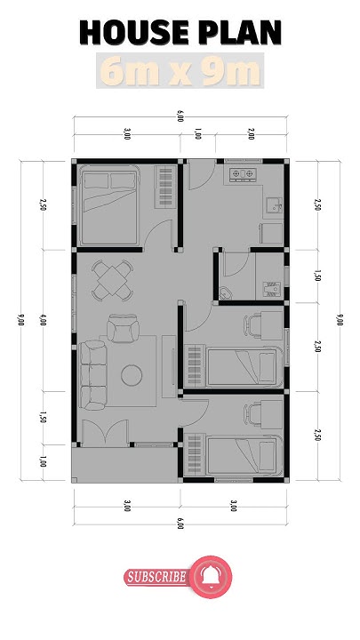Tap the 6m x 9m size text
(180, 70)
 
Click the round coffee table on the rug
(134, 374)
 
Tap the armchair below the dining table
(124, 330)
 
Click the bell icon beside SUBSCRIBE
(210, 577)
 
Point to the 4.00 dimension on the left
(43, 321)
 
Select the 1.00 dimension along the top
(197, 135)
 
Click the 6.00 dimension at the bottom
(180, 525)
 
